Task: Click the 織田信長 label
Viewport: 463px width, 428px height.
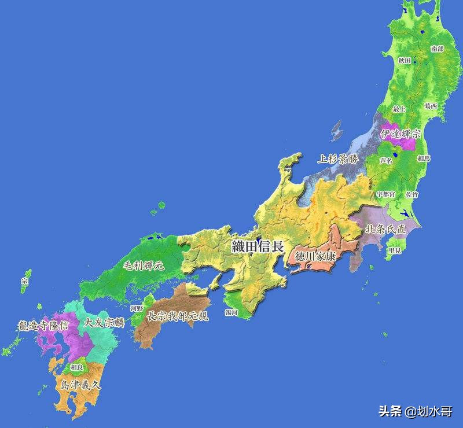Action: click(x=258, y=245)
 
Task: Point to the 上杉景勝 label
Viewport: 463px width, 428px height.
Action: click(x=337, y=158)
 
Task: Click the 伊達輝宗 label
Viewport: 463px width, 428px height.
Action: click(x=400, y=134)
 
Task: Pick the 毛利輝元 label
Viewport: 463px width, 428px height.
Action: click(x=144, y=266)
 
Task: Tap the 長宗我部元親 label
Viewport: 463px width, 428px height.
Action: click(x=177, y=316)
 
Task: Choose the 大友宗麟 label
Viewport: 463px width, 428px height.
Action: click(x=104, y=322)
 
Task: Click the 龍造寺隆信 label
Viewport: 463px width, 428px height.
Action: click(x=43, y=326)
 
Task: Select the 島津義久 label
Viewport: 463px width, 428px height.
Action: click(x=80, y=383)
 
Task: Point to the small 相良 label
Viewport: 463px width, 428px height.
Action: click(x=76, y=367)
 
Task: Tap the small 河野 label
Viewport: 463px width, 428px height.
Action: click(x=137, y=308)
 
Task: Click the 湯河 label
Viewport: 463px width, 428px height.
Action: click(x=231, y=312)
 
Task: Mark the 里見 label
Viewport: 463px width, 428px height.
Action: click(x=395, y=250)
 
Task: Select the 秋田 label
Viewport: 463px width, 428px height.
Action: click(x=405, y=60)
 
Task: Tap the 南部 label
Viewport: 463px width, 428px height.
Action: click(x=438, y=49)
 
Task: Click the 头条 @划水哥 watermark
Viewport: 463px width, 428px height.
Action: click(x=415, y=411)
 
